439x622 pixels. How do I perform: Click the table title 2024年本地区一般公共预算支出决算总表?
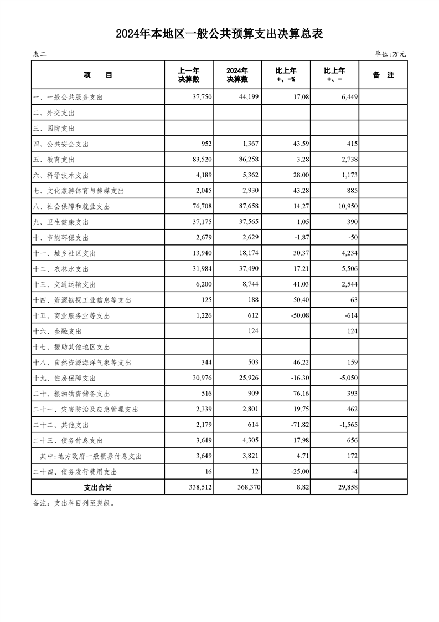219,34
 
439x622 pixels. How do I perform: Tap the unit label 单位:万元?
390,54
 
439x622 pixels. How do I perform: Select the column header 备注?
383,75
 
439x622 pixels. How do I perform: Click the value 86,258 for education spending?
247,160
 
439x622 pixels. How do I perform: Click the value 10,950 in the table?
346,206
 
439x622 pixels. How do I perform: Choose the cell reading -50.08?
298,315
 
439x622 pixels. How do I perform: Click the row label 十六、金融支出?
58,332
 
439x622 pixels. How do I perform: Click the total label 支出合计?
98,487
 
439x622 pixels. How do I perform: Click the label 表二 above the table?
40,54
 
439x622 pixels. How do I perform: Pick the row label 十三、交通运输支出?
65,284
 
